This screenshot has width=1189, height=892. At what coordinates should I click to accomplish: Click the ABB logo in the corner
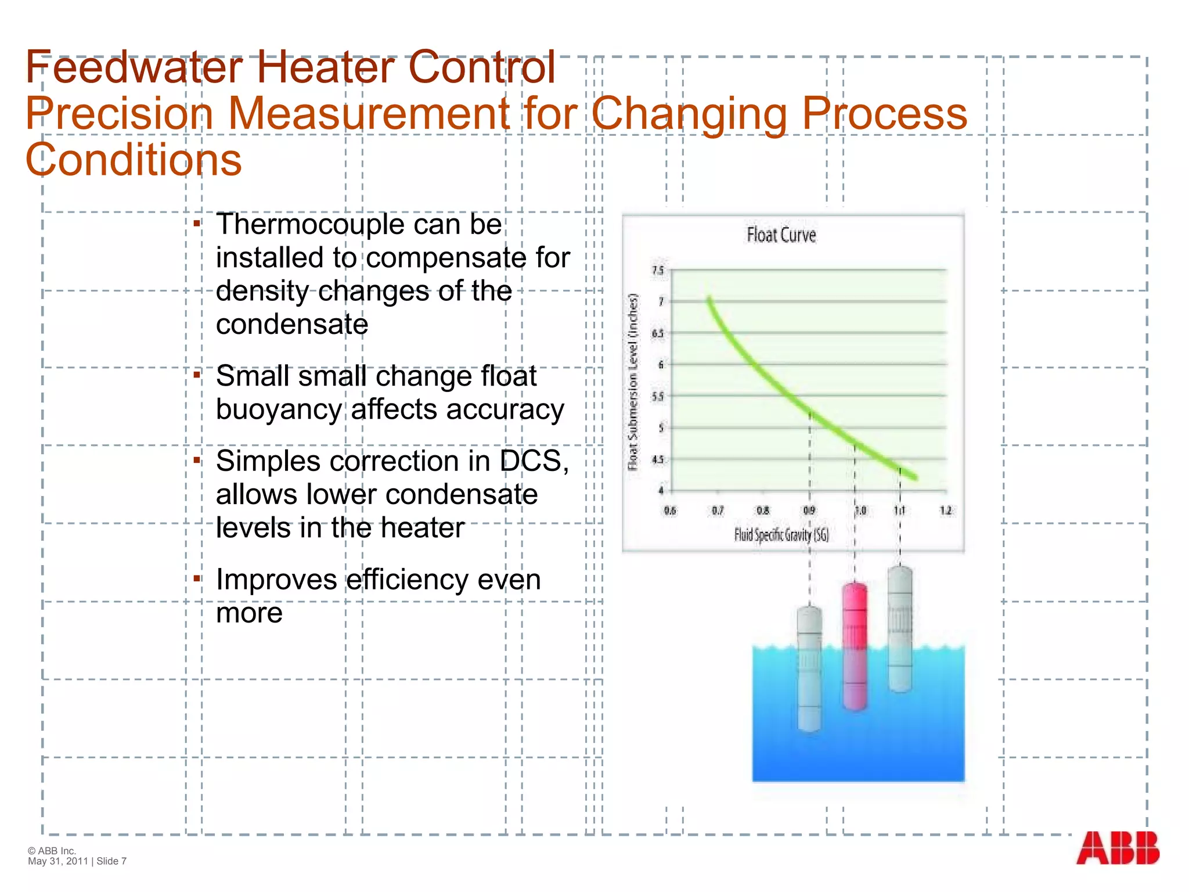point(1117,848)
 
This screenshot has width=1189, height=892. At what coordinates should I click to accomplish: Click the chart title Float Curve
point(781,235)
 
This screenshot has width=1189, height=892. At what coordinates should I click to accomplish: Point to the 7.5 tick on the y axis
point(658,271)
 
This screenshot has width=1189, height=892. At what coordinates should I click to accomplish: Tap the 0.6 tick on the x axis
point(670,510)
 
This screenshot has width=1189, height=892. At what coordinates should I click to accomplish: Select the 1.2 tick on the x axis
point(946,510)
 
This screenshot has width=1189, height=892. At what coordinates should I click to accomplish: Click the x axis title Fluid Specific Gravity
point(781,535)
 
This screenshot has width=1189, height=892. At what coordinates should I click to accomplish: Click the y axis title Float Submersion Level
point(633,382)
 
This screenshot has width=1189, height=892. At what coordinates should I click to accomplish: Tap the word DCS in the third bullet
point(534,461)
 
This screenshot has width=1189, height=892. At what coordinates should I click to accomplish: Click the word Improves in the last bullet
point(276,580)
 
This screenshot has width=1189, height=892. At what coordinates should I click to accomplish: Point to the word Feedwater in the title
point(134,67)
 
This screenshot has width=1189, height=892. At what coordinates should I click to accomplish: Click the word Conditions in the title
point(134,160)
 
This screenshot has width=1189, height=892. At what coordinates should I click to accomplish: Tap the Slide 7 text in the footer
point(111,861)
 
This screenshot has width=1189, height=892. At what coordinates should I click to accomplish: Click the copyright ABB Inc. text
point(52,851)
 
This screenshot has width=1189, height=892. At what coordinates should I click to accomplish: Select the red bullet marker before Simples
point(197,461)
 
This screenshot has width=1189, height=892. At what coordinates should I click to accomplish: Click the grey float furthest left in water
point(809,668)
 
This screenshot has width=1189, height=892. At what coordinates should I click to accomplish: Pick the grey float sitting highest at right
point(900,629)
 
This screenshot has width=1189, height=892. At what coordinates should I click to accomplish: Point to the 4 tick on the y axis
point(660,491)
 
